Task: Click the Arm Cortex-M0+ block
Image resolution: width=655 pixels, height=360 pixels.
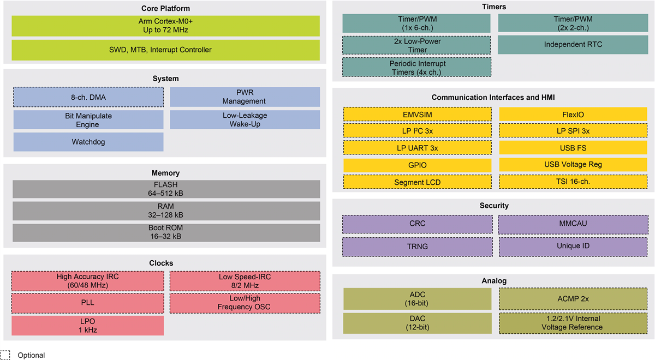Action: coord(165,26)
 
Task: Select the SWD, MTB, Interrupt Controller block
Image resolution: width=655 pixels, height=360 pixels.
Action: coord(165,50)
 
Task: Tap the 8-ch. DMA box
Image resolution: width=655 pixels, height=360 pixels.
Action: coord(88,97)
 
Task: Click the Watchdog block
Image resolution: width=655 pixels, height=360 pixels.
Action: coord(88,142)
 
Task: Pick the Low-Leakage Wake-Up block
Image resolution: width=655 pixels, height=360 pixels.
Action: coord(245,120)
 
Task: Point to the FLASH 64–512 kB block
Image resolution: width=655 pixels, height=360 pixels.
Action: coord(165,189)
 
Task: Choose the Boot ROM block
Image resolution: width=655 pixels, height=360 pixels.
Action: coord(165,232)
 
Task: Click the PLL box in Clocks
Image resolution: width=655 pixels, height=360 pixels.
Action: coord(88,303)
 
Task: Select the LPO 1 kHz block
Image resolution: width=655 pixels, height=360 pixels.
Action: coord(88,326)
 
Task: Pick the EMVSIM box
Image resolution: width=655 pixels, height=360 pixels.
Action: coord(418,115)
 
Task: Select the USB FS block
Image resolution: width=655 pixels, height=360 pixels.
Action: coord(573,148)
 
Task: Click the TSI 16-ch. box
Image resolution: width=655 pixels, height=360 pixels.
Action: coord(573,182)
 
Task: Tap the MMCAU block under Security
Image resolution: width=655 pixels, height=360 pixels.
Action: coord(573,224)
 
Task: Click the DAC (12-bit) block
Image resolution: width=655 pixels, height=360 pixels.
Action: coord(418,323)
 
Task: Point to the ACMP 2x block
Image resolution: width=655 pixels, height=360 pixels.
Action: coord(573,299)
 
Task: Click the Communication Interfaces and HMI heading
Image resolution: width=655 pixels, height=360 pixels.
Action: coord(493,97)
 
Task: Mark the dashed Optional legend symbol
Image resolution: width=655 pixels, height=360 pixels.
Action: coord(5,355)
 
